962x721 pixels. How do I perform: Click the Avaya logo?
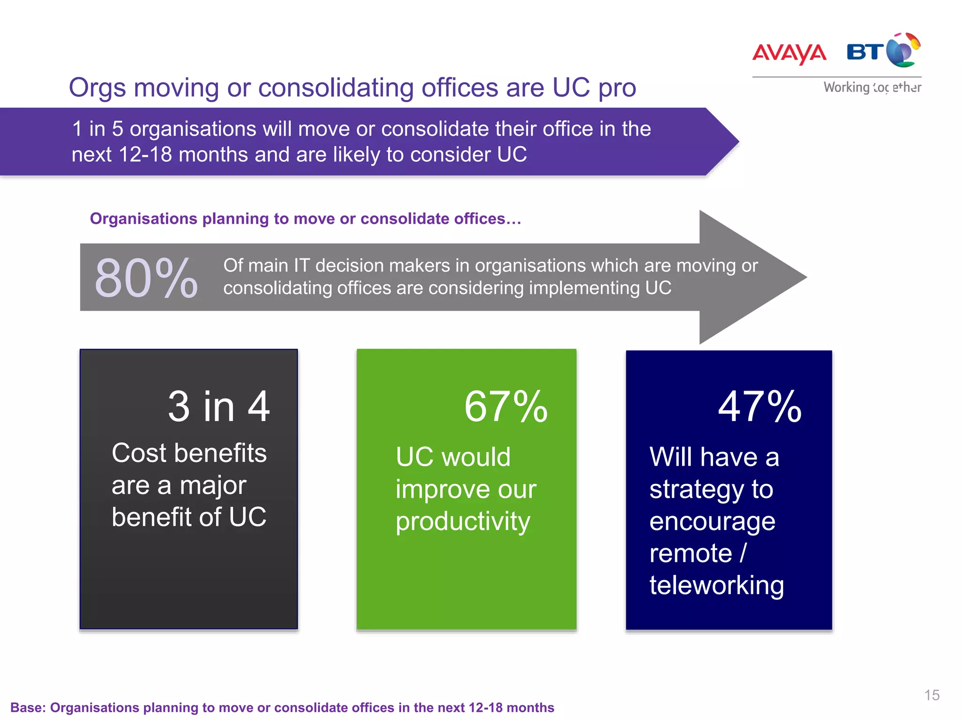(x=789, y=53)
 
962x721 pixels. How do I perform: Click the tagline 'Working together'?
(x=872, y=87)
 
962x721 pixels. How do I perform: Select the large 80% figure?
(x=146, y=278)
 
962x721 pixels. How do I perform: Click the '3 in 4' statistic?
(x=219, y=407)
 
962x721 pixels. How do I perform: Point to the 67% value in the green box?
(x=506, y=407)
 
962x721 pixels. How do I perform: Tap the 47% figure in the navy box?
(x=760, y=407)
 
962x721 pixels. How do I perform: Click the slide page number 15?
(x=932, y=695)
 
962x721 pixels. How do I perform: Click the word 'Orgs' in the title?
(x=98, y=88)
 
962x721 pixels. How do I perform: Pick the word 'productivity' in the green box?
(x=463, y=522)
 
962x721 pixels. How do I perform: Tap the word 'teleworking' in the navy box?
(x=716, y=585)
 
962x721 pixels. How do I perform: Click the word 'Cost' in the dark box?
(x=139, y=453)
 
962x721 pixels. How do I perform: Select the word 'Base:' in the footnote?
(x=28, y=707)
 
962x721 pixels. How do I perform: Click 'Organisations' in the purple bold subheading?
(x=143, y=219)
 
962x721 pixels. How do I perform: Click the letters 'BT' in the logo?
(x=865, y=52)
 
